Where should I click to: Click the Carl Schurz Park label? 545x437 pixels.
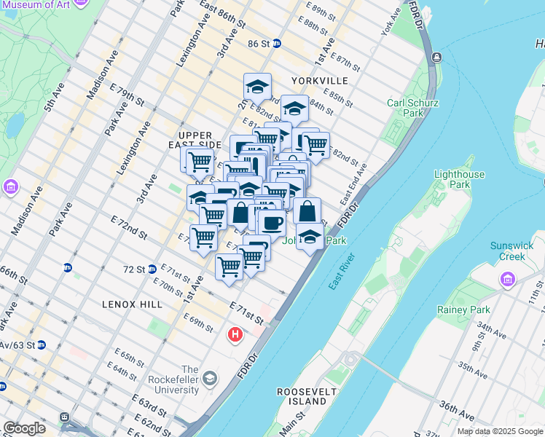coord(412,108)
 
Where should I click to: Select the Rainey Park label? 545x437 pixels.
coord(463,310)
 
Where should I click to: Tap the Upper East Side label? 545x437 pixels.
coord(195,141)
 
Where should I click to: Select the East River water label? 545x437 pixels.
coord(341,272)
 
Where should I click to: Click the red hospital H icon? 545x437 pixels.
coord(235,335)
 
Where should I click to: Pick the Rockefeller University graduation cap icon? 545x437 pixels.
coord(210,378)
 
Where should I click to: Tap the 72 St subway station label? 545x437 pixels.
coord(134,269)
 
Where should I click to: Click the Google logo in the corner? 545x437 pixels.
coord(24,428)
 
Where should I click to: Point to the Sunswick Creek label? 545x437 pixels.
coord(510,251)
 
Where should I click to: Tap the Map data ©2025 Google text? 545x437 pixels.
coord(499,431)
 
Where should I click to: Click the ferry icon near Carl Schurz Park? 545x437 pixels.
coord(436,57)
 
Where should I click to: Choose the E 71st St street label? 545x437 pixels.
coord(246,311)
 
